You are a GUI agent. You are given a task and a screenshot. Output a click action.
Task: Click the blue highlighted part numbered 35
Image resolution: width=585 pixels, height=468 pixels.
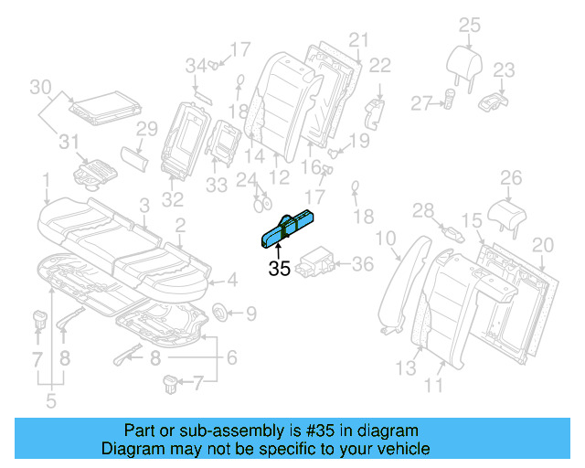point(289,227)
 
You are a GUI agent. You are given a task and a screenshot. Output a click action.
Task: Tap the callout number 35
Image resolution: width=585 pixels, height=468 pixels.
point(279,270)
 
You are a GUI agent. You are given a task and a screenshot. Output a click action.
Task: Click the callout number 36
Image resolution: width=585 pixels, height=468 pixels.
point(363,264)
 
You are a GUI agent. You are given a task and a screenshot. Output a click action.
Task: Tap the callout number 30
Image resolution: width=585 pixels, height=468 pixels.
point(40,88)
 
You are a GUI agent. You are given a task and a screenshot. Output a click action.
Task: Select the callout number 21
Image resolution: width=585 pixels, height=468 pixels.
point(357,39)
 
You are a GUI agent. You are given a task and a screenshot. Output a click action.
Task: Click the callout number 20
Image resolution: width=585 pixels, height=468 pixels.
point(543,244)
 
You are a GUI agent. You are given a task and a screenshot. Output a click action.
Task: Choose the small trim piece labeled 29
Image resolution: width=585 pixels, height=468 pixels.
point(134,157)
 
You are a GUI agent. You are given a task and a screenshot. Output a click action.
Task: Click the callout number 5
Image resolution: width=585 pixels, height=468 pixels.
point(49,399)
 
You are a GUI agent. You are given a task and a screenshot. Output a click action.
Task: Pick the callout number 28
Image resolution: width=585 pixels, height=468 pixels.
point(422,212)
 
